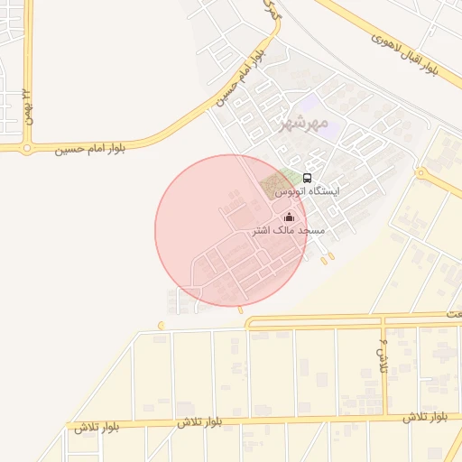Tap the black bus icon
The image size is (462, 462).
pyautogui.click(x=308, y=178)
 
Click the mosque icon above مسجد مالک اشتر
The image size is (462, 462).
pyautogui.click(x=289, y=217)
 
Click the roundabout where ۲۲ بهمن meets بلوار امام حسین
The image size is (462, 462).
pyautogui.click(x=27, y=147)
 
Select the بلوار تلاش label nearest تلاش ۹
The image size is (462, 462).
pyautogui.click(x=423, y=417)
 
